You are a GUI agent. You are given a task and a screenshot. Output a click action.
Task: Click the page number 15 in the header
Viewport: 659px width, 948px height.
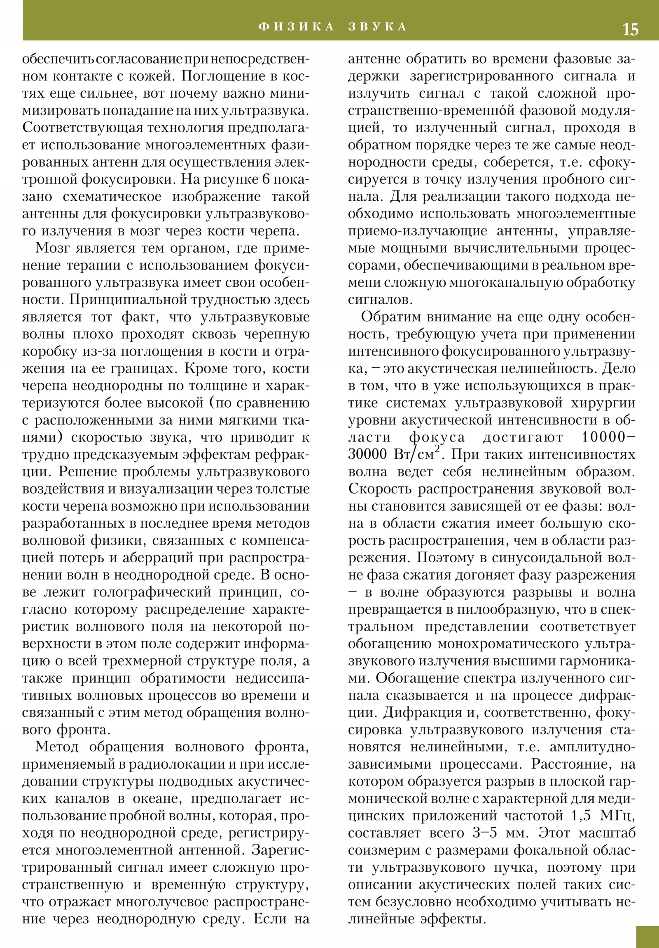pos(630,30)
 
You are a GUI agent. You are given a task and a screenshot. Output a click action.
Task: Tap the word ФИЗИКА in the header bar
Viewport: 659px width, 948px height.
pos(296,27)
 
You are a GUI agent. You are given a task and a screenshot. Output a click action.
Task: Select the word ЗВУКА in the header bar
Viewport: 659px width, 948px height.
pos(377,27)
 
